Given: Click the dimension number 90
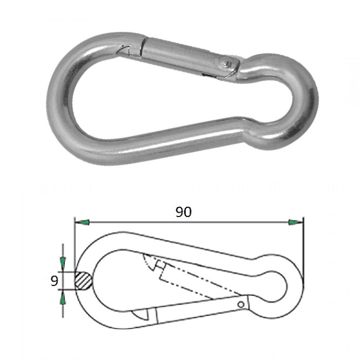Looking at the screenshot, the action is click(184, 212).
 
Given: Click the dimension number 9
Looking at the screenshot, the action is click(54, 281).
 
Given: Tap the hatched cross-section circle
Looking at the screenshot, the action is click(84, 281).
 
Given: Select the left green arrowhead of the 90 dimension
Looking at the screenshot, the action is click(82, 222).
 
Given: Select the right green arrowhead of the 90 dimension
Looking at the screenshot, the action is click(296, 222).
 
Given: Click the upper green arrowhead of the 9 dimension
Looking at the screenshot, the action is click(63, 263).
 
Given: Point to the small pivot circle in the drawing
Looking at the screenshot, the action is click(241, 304).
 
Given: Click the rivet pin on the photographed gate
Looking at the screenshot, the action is click(225, 63).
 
